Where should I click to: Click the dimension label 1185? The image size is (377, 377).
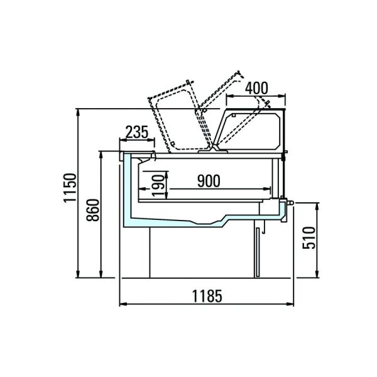click(x=207, y=296)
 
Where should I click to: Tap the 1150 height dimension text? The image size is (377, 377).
click(x=70, y=188)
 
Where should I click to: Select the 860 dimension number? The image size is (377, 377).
click(x=93, y=210)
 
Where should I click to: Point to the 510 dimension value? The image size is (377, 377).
click(x=309, y=238)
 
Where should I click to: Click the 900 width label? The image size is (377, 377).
click(x=209, y=181)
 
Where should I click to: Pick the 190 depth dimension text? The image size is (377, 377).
click(x=158, y=185)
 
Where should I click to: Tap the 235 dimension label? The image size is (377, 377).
click(x=137, y=132)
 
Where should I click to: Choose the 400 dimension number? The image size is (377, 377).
click(x=256, y=88)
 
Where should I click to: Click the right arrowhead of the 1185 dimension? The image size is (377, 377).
click(x=290, y=304)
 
